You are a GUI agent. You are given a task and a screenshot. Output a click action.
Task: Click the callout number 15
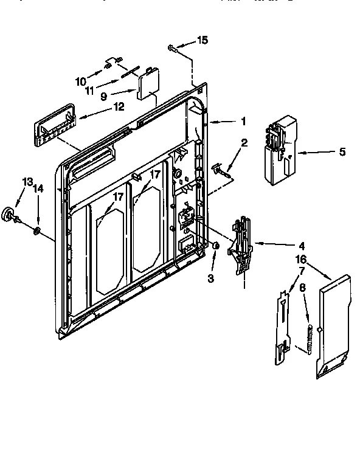(x=202, y=40)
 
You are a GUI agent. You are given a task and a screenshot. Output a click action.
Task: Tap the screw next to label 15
(x=173, y=47)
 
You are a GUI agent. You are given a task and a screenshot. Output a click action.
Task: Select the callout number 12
(x=117, y=106)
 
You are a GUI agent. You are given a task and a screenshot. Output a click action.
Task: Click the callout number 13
(x=27, y=182)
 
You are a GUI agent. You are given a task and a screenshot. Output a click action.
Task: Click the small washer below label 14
(x=37, y=230)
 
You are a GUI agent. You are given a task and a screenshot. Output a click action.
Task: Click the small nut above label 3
(x=216, y=245)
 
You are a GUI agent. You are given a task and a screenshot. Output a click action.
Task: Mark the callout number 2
(x=244, y=142)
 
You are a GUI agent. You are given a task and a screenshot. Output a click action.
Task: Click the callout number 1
(x=243, y=121)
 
